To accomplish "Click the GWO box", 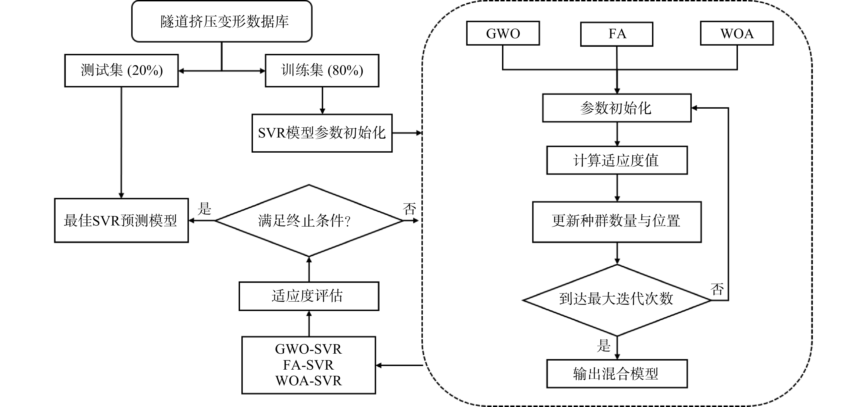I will tap(503, 33).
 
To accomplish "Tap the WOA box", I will tap(737, 33).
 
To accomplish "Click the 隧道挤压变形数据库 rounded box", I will tap(222, 21).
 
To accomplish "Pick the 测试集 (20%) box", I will tap(121, 71).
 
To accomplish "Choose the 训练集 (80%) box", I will tap(322, 71).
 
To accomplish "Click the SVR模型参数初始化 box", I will tap(322, 133).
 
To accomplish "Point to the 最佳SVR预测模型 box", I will tap(121, 221).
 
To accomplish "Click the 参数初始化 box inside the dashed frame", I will tap(617, 108).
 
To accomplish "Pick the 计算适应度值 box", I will tap(617, 160).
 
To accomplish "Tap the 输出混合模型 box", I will tap(617, 374).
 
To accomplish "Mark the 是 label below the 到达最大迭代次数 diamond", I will tap(604, 346).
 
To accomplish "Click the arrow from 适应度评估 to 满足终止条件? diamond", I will tap(309, 269).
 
